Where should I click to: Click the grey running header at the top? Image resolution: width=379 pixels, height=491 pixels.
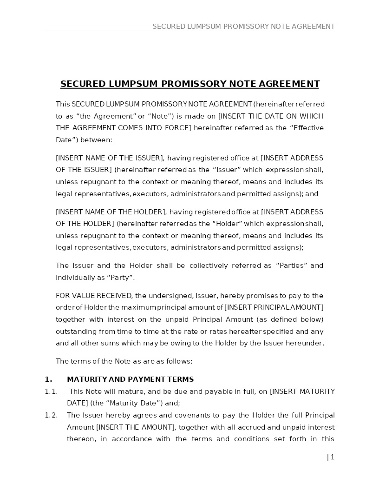pyautogui.click(x=243, y=27)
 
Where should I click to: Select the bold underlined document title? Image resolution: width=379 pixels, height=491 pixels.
pyautogui.click(x=189, y=84)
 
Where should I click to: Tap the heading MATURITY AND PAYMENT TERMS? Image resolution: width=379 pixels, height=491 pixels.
pyautogui.click(x=130, y=379)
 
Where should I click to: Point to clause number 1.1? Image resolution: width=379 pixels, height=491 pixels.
pyautogui.click(x=51, y=391)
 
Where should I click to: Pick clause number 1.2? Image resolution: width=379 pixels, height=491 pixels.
pyautogui.click(x=51, y=415)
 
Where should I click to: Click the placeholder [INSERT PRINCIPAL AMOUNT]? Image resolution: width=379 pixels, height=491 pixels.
pyautogui.click(x=274, y=307)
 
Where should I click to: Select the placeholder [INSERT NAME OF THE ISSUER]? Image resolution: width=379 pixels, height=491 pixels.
pyautogui.click(x=110, y=158)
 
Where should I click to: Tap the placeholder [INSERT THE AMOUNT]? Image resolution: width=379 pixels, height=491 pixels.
pyautogui.click(x=135, y=427)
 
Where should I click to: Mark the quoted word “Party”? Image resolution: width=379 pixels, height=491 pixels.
pyautogui.click(x=121, y=278)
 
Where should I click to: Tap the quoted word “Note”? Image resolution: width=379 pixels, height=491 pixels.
pyautogui.click(x=160, y=116)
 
